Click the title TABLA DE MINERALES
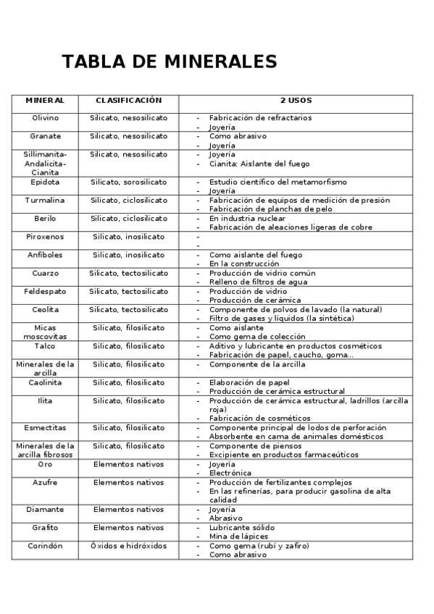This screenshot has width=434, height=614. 170,62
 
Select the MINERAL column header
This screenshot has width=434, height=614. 45,101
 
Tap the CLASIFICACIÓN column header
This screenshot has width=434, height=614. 128,101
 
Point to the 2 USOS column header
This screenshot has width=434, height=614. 296,101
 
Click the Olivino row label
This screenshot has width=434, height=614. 45,117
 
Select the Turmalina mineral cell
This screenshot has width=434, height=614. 45,200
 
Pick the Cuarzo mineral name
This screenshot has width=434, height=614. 45,273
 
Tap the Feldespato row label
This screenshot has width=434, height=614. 45,291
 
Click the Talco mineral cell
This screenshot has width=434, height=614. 45,346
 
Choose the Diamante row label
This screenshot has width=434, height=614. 45,510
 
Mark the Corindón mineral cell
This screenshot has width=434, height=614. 45,546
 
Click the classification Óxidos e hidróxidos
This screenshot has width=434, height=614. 128,546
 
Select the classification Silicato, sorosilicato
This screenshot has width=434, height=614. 128,182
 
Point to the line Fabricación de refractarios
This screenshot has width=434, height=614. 260,117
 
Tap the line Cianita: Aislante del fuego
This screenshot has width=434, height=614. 259,164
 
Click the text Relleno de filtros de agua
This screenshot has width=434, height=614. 258,282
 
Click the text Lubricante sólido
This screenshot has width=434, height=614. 242,528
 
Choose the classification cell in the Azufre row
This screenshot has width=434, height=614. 128,482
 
